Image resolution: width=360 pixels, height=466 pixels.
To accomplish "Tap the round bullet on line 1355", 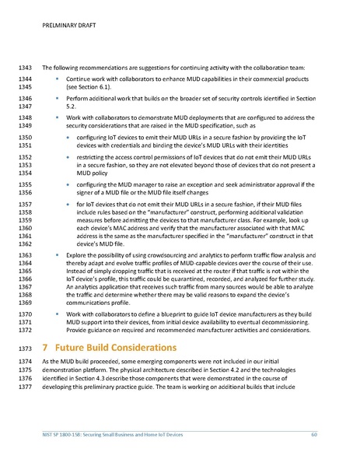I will [x=66, y=184].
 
